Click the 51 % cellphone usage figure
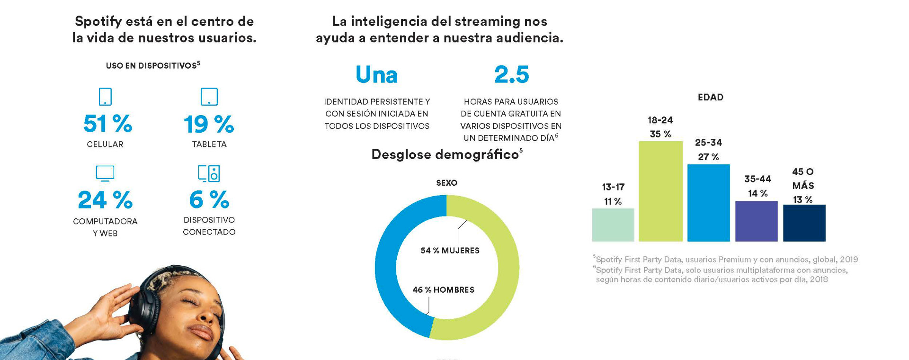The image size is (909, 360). [107, 124]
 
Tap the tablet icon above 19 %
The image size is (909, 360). [209, 97]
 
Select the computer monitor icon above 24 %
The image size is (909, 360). [105, 173]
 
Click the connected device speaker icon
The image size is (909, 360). [209, 173]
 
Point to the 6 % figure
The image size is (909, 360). [209, 200]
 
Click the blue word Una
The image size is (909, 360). [376, 75]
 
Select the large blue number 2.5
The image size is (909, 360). [511, 75]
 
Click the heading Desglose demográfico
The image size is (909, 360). [445, 155]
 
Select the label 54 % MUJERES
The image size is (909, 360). [450, 251]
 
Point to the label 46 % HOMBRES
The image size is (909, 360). [443, 290]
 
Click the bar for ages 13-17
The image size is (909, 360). [613, 225]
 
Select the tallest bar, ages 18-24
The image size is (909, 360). [660, 192]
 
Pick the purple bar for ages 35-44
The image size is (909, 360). [756, 221]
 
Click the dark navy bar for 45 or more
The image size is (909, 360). [804, 223]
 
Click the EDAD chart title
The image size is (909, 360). [710, 98]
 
